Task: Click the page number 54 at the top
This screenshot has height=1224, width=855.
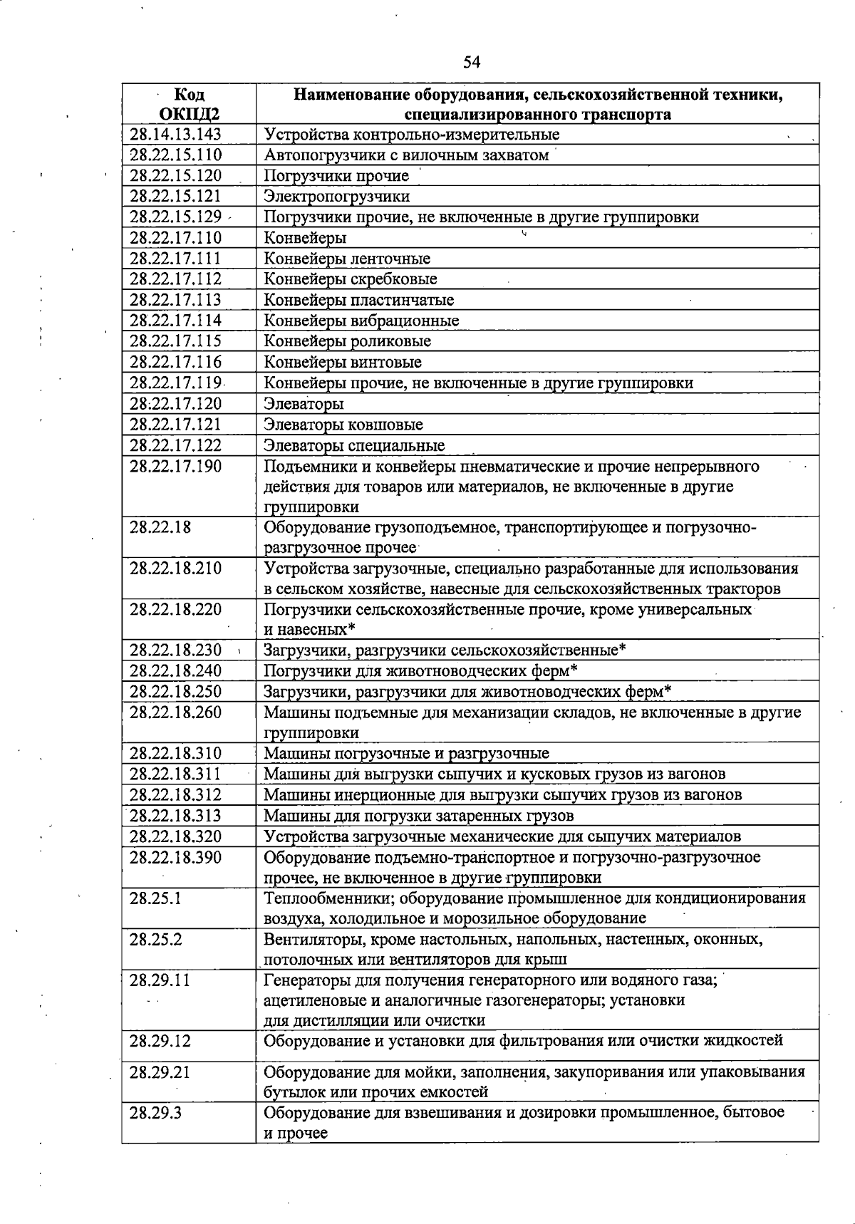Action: coord(472,62)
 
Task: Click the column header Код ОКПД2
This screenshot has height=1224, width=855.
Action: coord(189,104)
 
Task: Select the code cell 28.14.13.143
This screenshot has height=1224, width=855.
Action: coord(175,135)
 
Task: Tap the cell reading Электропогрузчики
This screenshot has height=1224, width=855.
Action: coord(336,197)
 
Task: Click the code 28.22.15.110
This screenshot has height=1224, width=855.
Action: coord(175,155)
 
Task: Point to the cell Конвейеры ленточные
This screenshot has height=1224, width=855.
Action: coord(347,259)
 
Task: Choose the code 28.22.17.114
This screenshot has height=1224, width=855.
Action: coord(175,321)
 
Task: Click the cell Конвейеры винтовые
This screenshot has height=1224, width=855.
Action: coord(343,362)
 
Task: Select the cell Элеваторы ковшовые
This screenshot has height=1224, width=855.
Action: coord(343,425)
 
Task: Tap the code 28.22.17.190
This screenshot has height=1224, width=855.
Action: coord(175,467)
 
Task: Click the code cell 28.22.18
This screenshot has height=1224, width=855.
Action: coord(160,528)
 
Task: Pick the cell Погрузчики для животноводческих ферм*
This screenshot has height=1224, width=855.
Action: coord(420,671)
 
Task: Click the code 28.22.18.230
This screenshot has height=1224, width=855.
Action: coord(175,650)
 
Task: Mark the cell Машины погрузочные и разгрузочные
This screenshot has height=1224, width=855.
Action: coord(406,754)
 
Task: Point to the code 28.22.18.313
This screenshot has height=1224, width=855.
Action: coord(175,816)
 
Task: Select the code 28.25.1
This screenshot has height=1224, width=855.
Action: coord(155,898)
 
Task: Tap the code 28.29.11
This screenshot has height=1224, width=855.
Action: coord(160,980)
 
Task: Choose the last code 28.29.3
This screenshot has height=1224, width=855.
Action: coord(155,1113)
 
